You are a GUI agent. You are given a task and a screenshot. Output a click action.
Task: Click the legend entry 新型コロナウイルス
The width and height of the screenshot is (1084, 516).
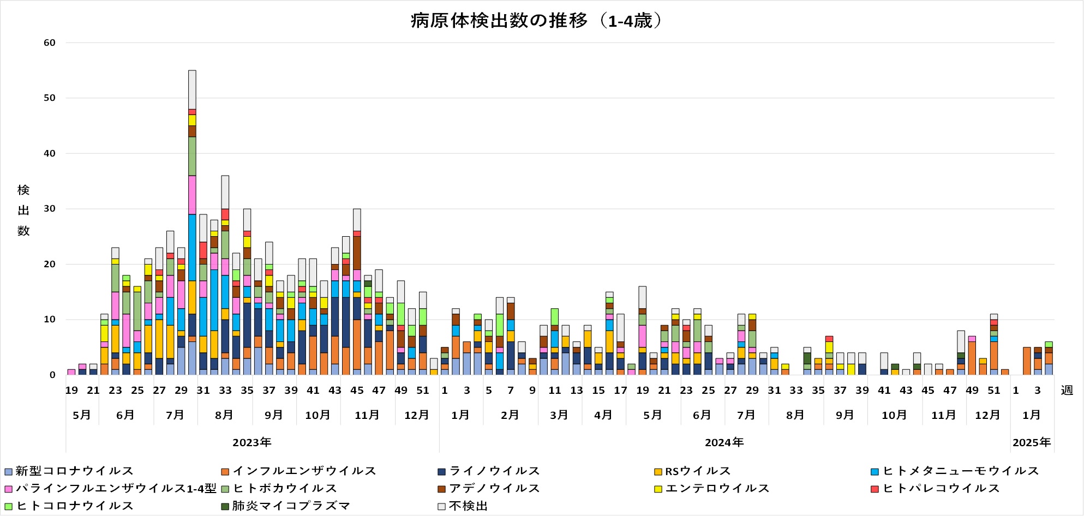[74, 471]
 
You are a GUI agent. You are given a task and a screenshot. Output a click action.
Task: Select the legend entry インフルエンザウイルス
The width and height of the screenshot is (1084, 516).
[304, 471]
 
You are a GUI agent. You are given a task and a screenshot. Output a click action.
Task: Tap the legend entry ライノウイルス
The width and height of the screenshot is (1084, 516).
[494, 471]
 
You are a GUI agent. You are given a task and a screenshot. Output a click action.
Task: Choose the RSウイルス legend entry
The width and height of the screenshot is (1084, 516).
[697, 471]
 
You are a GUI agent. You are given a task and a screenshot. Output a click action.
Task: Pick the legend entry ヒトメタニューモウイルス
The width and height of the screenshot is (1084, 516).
[960, 471]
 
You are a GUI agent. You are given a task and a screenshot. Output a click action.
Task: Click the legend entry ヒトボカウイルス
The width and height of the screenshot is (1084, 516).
[285, 489]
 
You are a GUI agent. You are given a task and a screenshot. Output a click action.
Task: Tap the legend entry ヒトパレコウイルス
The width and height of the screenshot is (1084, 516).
[941, 489]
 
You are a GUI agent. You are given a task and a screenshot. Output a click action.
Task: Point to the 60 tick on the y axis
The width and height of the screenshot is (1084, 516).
[50, 43]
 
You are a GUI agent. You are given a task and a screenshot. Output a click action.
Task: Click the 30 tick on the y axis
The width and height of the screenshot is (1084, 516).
[50, 209]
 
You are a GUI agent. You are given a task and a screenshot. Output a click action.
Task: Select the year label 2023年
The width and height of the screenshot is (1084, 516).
[252, 442]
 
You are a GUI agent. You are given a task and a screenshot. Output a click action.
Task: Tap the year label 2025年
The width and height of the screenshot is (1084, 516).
[1032, 442]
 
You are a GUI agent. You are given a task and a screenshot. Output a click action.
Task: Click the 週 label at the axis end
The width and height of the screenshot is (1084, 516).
[1067, 391]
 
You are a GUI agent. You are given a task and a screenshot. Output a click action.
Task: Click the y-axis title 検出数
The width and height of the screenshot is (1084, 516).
[23, 211]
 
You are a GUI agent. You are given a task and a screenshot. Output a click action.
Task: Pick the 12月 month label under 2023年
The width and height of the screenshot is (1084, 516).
[417, 415]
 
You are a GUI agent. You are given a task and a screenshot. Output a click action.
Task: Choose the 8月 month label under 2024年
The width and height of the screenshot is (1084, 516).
[795, 415]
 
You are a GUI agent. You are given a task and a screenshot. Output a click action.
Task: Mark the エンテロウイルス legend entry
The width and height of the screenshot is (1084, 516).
[717, 489]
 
